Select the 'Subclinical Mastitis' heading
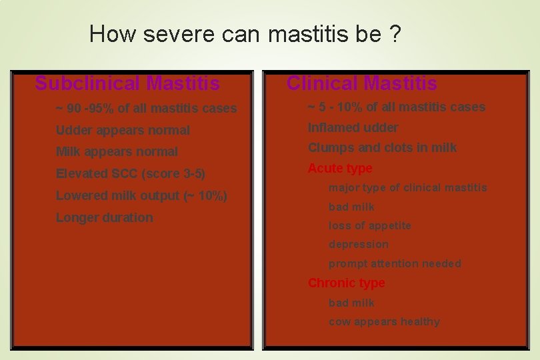coord(127,83)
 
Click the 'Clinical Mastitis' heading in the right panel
coord(362,83)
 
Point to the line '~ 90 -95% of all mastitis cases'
coord(146,108)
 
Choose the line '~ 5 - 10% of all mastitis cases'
coord(396,107)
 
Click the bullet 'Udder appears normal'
coord(123,130)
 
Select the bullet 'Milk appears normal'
coord(117,151)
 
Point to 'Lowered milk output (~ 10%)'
coord(141,195)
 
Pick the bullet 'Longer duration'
coord(104,217)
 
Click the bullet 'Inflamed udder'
coord(353,127)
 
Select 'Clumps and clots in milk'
coord(382,147)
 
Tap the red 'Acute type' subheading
coord(340,168)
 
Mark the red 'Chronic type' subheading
coord(346,283)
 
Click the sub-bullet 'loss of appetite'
coord(369,225)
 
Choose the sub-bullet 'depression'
coord(358,244)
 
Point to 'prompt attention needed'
coord(395,263)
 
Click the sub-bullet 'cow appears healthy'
coord(384,321)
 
